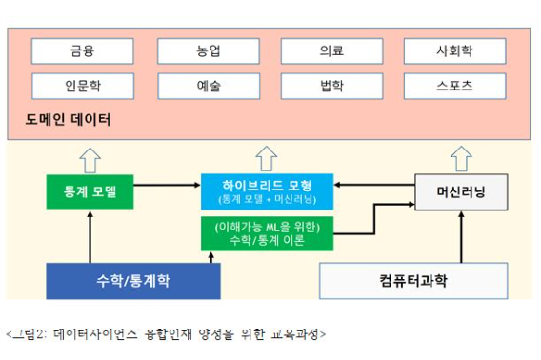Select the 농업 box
pyautogui.click(x=209, y=50)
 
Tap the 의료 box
pyautogui.click(x=331, y=50)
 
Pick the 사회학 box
pyautogui.click(x=454, y=50)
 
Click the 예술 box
pyautogui.click(x=209, y=86)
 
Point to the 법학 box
pyautogui.click(x=331, y=86)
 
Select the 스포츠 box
pyautogui.click(x=454, y=86)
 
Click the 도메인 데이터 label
pyautogui.click(x=69, y=121)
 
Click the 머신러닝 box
pyautogui.click(x=461, y=191)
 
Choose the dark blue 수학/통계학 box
pyautogui.click(x=133, y=280)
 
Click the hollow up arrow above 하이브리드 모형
pyautogui.click(x=266, y=158)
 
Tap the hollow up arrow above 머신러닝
pyautogui.click(x=461, y=158)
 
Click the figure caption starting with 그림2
pyautogui.click(x=165, y=334)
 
